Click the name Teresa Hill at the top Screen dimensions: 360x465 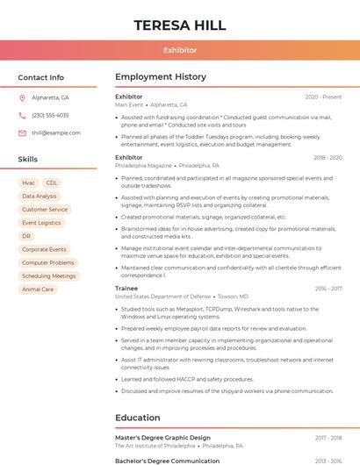[x=180, y=25]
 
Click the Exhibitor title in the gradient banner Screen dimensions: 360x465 [x=180, y=50]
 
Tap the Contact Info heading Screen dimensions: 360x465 [x=41, y=77]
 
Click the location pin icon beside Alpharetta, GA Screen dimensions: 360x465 [x=22, y=97]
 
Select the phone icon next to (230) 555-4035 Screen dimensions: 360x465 [x=22, y=115]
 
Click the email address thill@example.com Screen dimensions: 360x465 [x=56, y=133]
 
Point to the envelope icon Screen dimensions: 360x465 [x=22, y=133]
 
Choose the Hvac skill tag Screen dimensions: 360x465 [x=28, y=182]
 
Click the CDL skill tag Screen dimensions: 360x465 [x=52, y=182]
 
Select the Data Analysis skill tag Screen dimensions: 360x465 [x=40, y=197]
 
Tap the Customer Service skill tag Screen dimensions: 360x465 [x=45, y=210]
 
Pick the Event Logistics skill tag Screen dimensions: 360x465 [x=41, y=223]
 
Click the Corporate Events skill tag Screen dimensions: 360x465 [x=44, y=249]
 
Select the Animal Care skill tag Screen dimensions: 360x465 [x=38, y=289]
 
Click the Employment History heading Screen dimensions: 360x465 [x=161, y=77]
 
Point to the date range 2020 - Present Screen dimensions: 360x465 [x=323, y=97]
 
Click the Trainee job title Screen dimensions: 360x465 [x=126, y=288]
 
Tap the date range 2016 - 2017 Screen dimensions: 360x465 [x=328, y=288]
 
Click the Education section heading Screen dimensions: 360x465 [x=138, y=418]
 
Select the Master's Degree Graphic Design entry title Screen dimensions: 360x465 [x=162, y=437]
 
